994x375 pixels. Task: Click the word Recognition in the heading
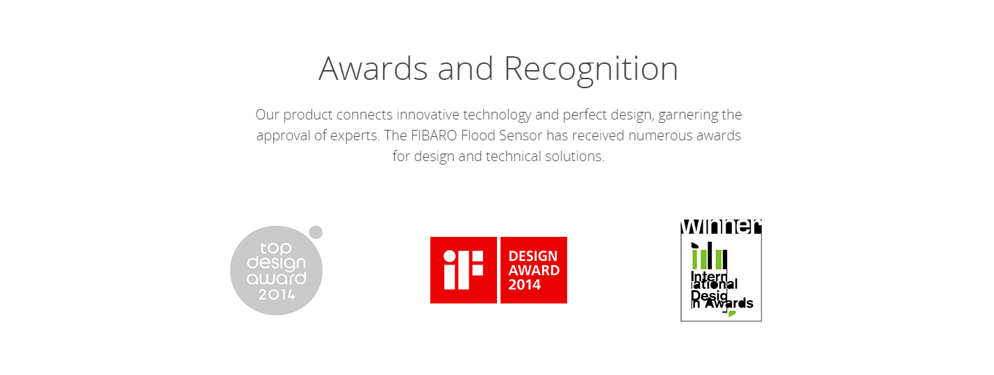click(591, 70)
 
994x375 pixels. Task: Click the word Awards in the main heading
click(373, 69)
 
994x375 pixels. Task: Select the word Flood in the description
click(478, 135)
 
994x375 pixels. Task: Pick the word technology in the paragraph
click(497, 115)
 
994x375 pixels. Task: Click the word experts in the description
click(355, 135)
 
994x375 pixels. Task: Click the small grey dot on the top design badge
click(316, 232)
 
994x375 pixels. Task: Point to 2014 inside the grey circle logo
click(277, 294)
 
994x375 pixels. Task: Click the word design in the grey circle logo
click(276, 263)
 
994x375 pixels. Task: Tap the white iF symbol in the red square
click(463, 269)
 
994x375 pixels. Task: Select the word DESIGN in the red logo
click(533, 256)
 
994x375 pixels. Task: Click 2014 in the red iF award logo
click(525, 285)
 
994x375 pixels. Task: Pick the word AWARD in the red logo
click(535, 270)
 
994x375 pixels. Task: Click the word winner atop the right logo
click(721, 226)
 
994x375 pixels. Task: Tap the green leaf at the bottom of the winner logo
click(732, 313)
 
